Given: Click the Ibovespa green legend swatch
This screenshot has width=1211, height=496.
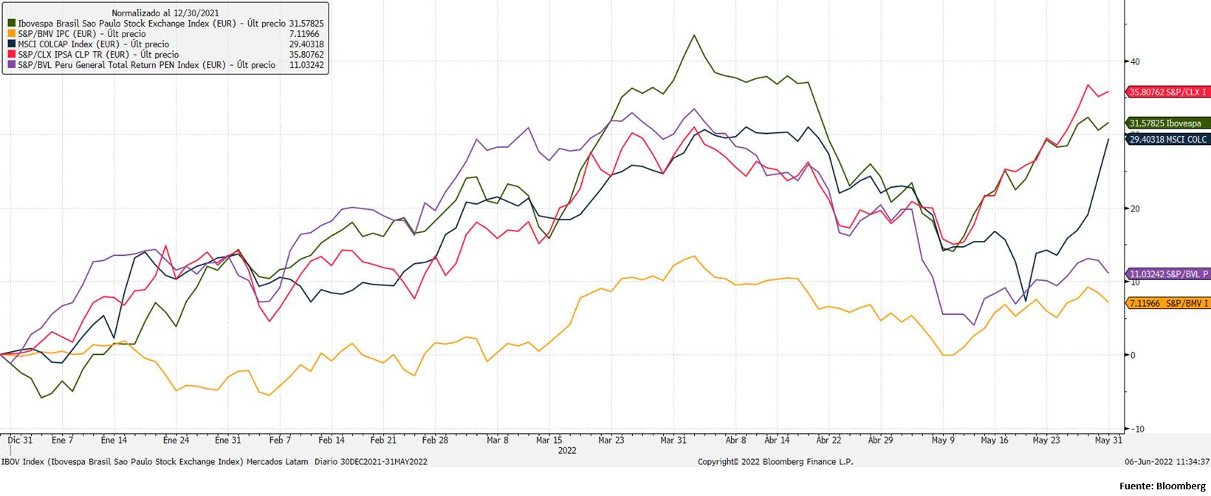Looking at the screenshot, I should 11,24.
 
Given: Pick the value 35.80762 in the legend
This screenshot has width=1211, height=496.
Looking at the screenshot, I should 306,55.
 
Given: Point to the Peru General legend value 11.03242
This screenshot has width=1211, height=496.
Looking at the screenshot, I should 306,65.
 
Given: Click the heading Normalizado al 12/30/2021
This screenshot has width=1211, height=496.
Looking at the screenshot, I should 155,13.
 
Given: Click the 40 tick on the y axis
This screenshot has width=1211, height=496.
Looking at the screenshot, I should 1135,61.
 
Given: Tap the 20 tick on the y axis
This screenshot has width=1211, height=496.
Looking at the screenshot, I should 1135,208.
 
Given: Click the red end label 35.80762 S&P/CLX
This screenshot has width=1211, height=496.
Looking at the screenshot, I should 1167,92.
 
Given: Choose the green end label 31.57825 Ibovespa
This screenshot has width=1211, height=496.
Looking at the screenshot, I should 1167,123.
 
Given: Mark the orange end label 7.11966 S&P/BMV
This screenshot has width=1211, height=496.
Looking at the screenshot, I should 1167,303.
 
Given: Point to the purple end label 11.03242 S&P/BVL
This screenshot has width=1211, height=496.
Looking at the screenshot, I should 1167,274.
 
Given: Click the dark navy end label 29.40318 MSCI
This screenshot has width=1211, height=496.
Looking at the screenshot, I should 1167,139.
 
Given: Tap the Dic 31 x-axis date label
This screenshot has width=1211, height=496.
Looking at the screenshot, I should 21,441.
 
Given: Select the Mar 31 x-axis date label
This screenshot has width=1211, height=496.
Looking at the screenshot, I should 673,441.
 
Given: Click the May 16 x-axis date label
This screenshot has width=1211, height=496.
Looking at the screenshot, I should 995,441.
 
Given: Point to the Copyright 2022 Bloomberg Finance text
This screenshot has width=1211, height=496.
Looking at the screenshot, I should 775,462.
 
